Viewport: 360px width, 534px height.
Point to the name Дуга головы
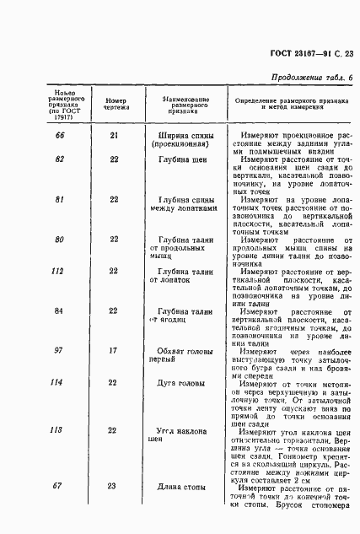pos(185,383)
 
